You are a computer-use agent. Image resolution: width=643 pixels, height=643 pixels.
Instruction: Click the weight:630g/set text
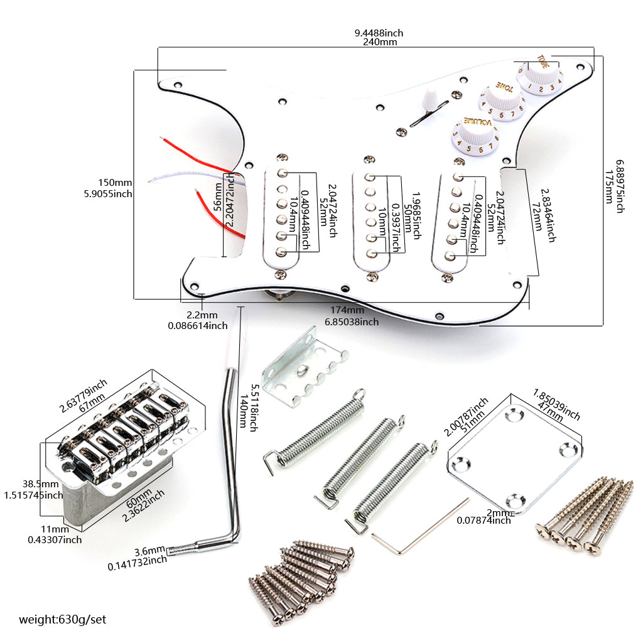point(63,620)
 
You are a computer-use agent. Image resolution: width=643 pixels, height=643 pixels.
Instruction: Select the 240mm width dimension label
point(380,42)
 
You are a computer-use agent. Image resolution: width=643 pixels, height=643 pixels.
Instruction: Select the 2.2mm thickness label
point(202,315)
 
